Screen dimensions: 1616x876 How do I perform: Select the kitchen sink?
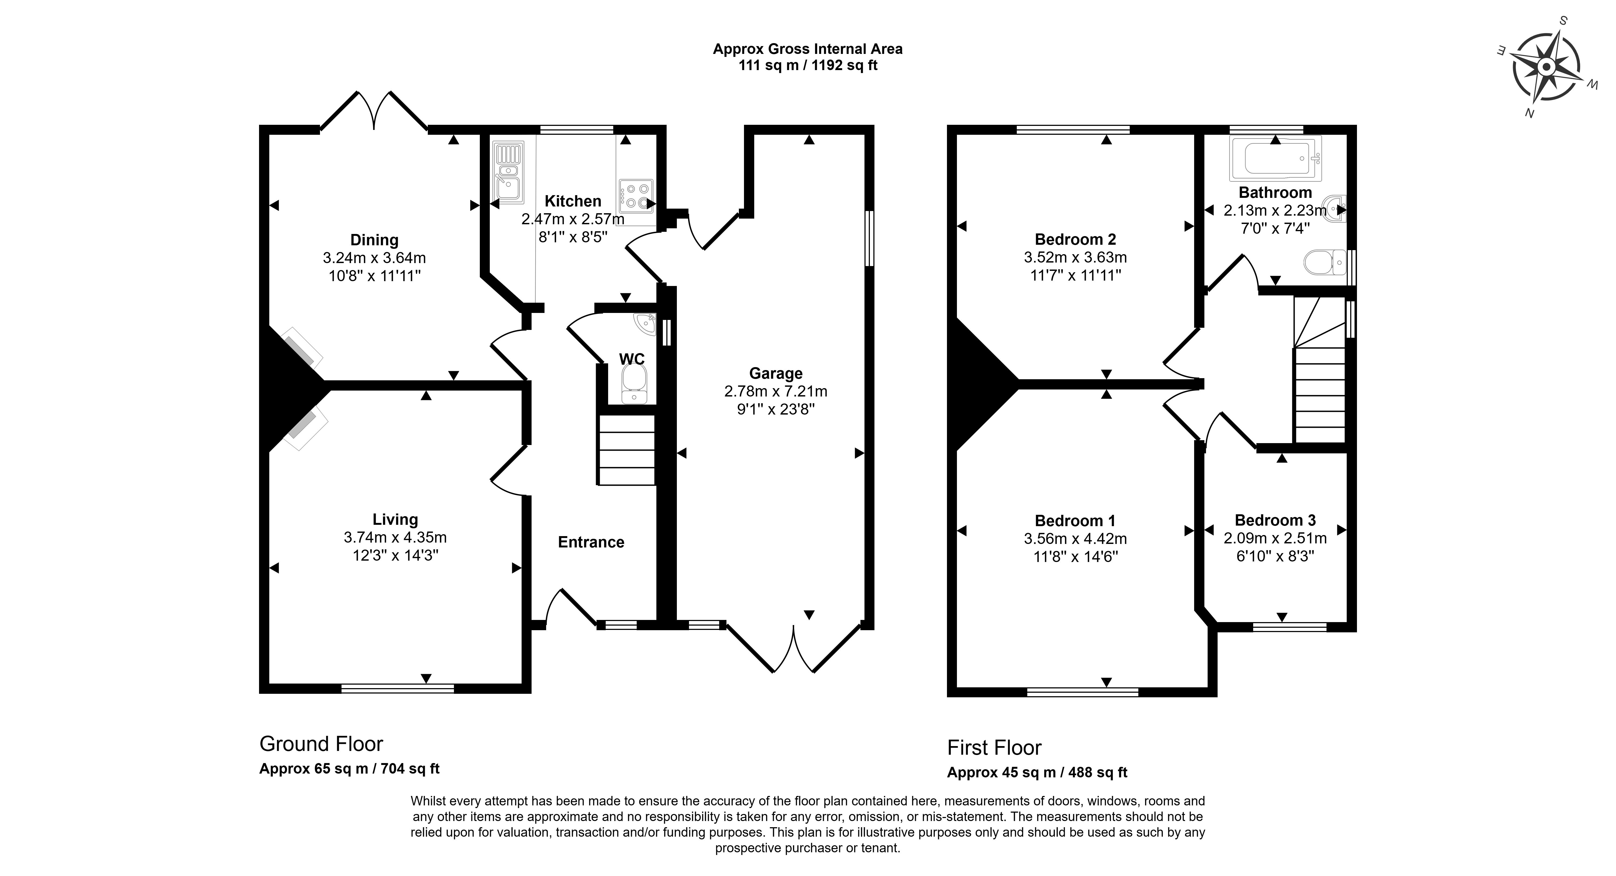point(508,173)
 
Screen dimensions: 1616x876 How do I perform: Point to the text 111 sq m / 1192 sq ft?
point(808,65)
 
